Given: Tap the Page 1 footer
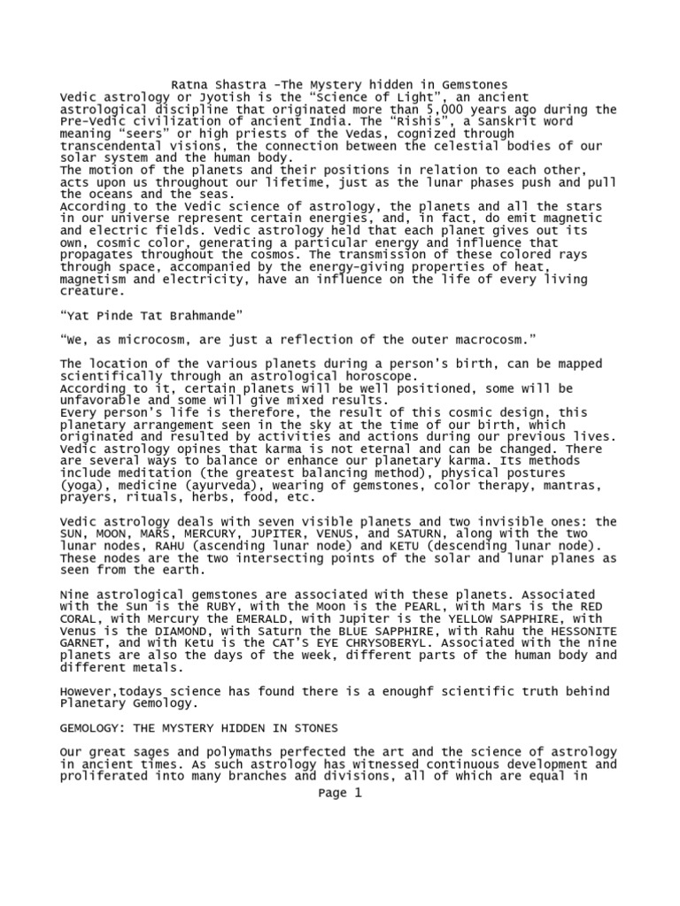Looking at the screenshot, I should pos(340,793).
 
